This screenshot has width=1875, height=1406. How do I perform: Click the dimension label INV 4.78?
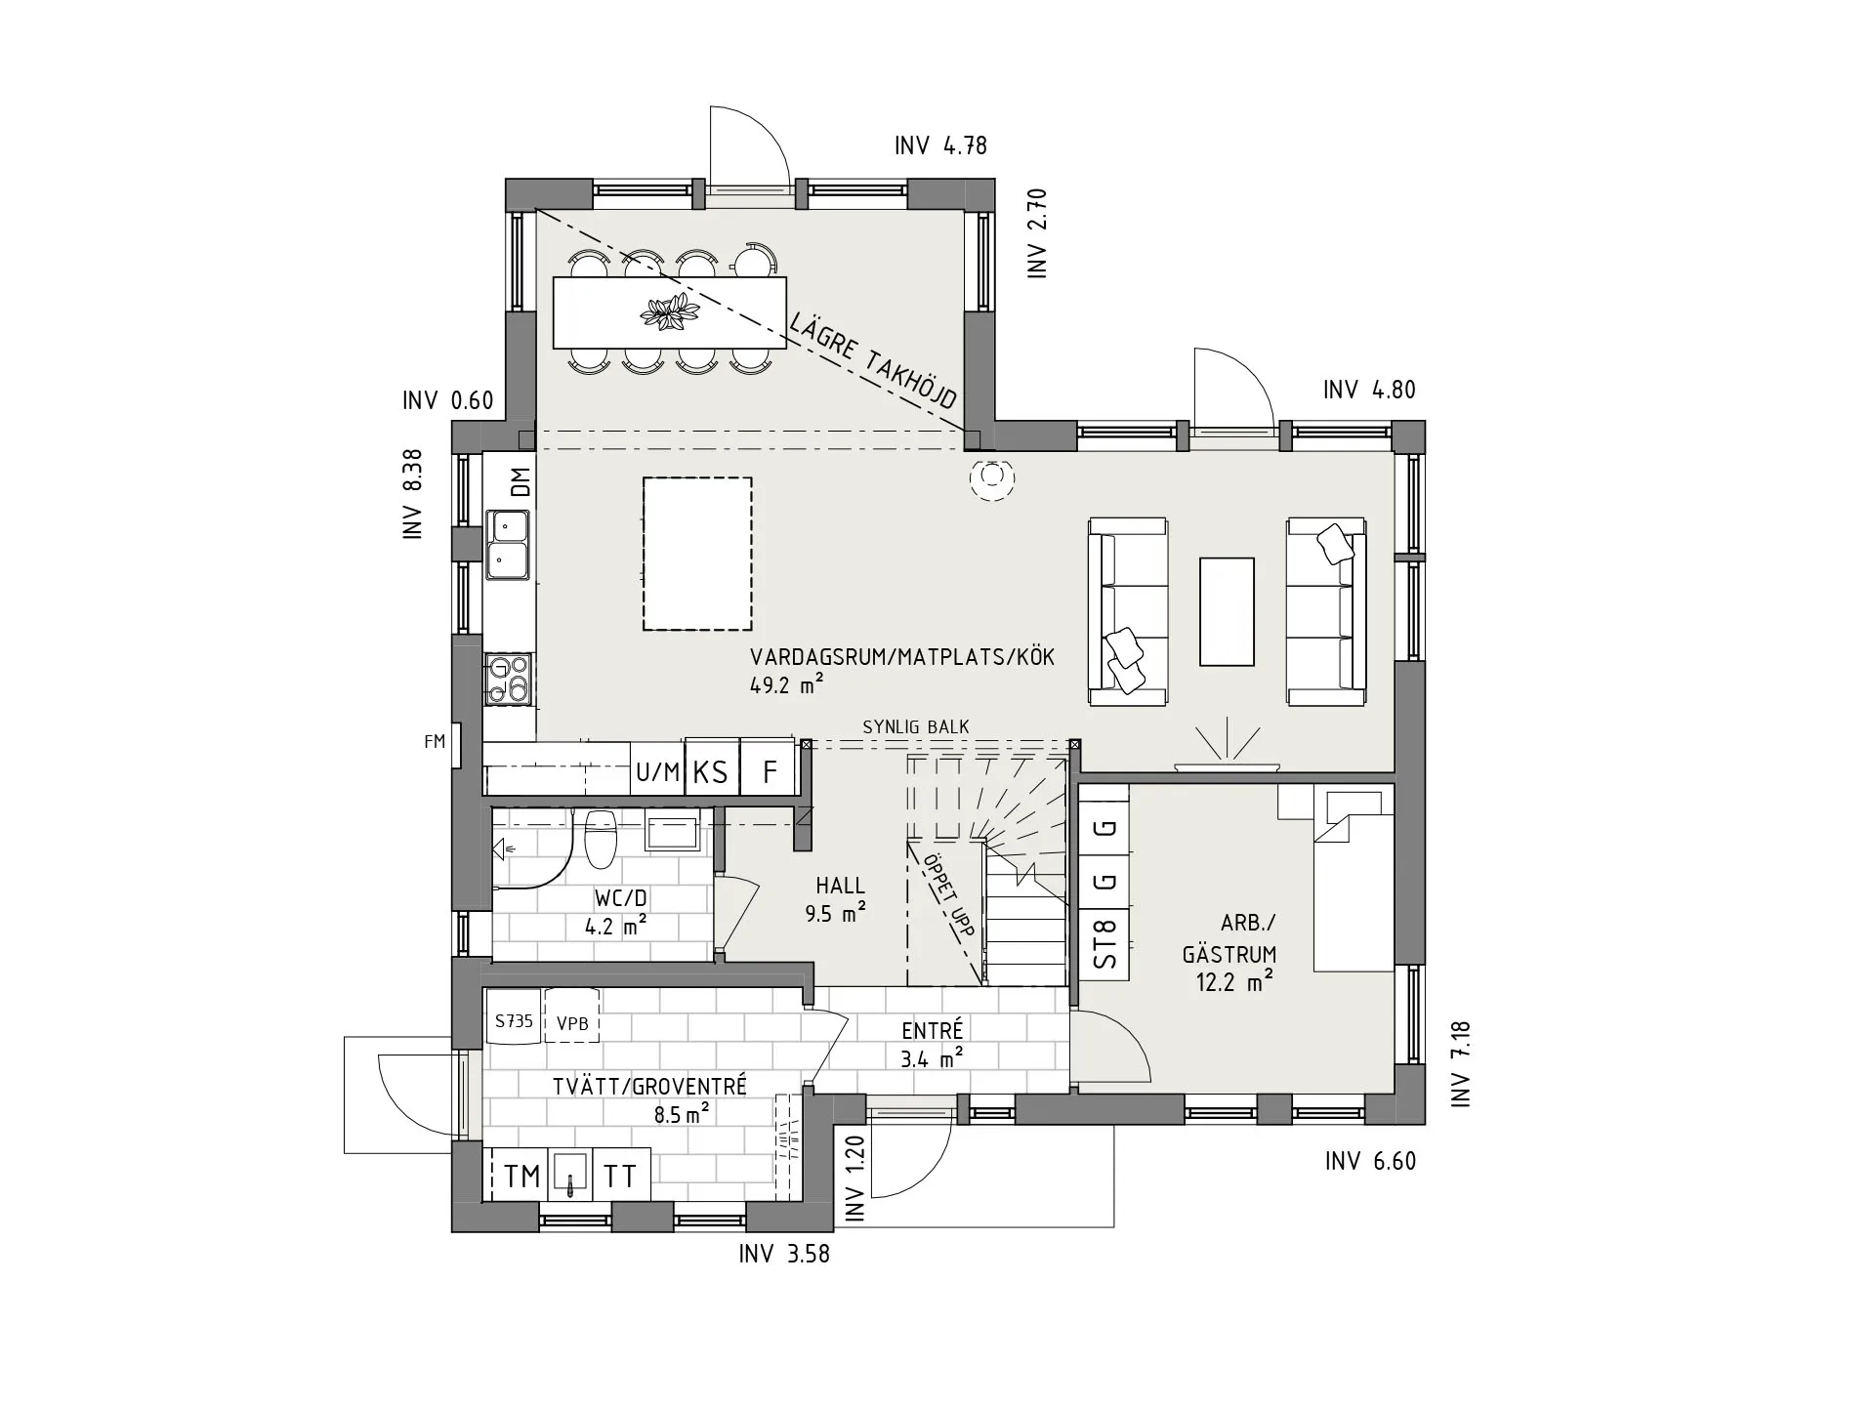click(x=940, y=145)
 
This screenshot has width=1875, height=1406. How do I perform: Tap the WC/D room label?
click(x=620, y=898)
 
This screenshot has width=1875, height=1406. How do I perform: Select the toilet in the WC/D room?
click(x=600, y=839)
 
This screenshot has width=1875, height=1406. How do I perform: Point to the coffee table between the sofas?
click(x=1227, y=612)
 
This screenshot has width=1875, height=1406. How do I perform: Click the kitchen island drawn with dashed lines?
click(x=697, y=554)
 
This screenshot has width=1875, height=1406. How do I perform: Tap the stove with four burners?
click(x=509, y=679)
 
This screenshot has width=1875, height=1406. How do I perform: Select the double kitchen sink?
click(x=508, y=545)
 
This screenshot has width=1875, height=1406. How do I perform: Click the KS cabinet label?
click(x=711, y=772)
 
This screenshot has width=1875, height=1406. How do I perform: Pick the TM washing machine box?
click(x=522, y=1176)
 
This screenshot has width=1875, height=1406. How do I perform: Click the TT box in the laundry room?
click(x=620, y=1176)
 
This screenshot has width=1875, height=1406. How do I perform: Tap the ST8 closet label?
click(x=1104, y=944)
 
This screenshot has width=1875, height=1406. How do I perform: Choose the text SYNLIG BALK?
click(x=916, y=727)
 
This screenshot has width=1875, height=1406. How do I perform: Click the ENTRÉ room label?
click(x=932, y=1030)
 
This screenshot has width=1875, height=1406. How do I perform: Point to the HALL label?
click(x=840, y=886)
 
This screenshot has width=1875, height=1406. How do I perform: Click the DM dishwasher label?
click(x=521, y=482)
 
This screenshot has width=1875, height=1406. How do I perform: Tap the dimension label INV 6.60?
click(x=1370, y=1161)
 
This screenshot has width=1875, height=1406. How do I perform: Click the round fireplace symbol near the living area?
click(x=991, y=477)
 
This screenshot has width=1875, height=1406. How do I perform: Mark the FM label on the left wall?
click(x=435, y=742)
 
